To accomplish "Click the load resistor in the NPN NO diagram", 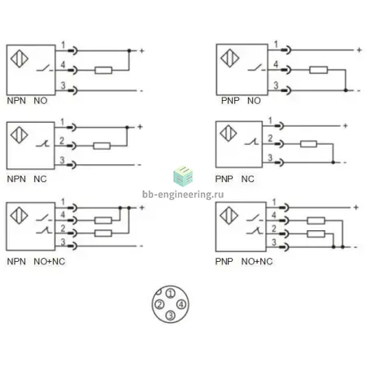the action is pyautogui.click(x=103, y=71).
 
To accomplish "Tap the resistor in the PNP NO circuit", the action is pyautogui.click(x=319, y=70).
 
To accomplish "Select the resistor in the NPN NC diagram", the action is pyautogui.click(x=102, y=146).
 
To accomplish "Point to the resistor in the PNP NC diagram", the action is pyautogui.click(x=308, y=144).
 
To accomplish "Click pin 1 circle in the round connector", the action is pyautogui.click(x=170, y=294).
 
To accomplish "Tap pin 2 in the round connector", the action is pyautogui.click(x=159, y=304).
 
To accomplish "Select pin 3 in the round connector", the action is pyautogui.click(x=170, y=316).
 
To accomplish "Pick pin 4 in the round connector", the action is pyautogui.click(x=181, y=304).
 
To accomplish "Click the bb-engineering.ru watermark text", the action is pyautogui.click(x=183, y=194).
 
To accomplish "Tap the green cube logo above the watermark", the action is pyautogui.click(x=183, y=176).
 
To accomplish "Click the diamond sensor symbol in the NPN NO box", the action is pyautogui.click(x=20, y=59).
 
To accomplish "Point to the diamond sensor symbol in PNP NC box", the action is pyautogui.click(x=229, y=133).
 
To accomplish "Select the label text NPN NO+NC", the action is pyautogui.click(x=36, y=262).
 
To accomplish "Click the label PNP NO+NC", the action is pyautogui.click(x=244, y=262).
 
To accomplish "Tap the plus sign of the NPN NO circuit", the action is pyautogui.click(x=142, y=50).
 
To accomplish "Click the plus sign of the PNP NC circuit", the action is pyautogui.click(x=345, y=126).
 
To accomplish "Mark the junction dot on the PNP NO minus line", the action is pyautogui.click(x=346, y=90).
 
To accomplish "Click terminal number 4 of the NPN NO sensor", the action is pyautogui.click(x=63, y=65).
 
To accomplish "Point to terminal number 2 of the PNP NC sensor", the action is pyautogui.click(x=270, y=138).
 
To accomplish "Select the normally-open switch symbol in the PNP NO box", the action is pyautogui.click(x=256, y=68).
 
